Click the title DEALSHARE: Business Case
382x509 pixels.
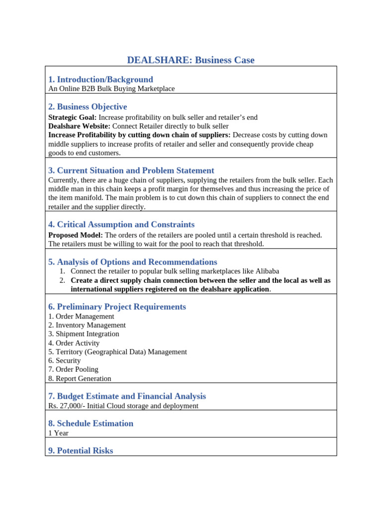click(x=191, y=60)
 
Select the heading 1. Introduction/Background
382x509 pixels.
click(x=100, y=80)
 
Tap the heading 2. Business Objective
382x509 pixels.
click(x=88, y=107)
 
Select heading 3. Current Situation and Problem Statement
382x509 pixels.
click(x=131, y=170)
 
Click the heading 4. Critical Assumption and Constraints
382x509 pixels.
click(x=121, y=225)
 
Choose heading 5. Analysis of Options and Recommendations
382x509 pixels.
click(x=133, y=262)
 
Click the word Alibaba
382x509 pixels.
click(x=267, y=271)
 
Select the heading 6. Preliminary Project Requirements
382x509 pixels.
click(x=117, y=307)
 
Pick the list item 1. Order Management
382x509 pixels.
click(x=81, y=316)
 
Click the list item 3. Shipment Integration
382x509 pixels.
click(x=84, y=334)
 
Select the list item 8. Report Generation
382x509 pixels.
click(x=80, y=379)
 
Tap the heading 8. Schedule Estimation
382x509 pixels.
click(x=91, y=424)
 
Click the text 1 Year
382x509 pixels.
click(x=58, y=433)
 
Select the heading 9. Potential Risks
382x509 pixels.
click(x=81, y=451)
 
